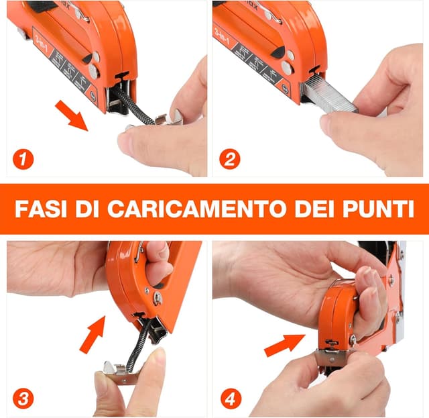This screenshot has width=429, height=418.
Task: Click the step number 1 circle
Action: pyautogui.click(x=23, y=160)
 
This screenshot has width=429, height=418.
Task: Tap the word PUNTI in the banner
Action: pyautogui.click(x=377, y=209)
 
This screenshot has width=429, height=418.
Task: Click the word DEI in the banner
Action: pyautogui.click(x=311, y=209)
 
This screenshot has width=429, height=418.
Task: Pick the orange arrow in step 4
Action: pyautogui.click(x=284, y=345)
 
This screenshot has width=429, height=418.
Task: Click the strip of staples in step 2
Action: pyautogui.click(x=328, y=95)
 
